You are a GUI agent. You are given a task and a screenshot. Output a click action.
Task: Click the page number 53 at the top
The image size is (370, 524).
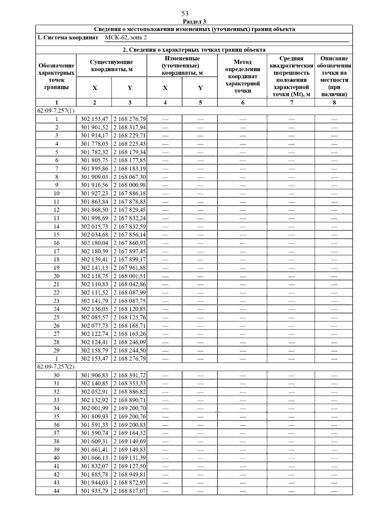185,14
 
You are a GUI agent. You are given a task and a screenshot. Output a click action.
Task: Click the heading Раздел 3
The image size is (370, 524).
194,22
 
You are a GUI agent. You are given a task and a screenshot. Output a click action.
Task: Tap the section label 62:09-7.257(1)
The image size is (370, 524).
56,110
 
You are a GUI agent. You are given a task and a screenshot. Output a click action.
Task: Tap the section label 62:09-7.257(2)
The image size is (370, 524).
56,367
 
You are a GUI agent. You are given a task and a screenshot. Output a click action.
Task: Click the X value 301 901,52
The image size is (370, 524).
94,127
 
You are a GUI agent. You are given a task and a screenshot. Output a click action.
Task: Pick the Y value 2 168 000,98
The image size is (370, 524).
129,185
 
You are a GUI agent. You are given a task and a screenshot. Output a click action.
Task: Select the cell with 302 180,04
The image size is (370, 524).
94,243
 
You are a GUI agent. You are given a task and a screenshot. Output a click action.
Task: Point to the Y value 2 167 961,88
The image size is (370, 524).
129,268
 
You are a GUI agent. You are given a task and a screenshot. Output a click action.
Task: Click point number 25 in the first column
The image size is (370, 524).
56,317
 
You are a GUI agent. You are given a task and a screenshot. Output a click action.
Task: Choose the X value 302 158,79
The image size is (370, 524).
94,350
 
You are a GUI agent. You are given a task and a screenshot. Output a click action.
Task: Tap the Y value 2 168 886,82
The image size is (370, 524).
129,392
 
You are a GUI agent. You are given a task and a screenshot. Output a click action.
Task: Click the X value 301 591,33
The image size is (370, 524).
94,425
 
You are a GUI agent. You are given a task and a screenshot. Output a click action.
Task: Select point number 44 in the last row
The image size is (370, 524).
56,491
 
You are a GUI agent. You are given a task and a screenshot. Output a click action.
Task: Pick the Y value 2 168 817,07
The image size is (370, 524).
129,491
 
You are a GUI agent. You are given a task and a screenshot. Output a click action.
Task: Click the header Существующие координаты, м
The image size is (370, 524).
112,66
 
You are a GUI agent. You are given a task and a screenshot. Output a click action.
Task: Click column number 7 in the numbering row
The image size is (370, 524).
291,102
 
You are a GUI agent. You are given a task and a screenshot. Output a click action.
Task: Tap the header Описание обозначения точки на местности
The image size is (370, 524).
334,76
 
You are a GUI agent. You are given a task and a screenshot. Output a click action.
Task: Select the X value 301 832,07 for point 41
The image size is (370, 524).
94,466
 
